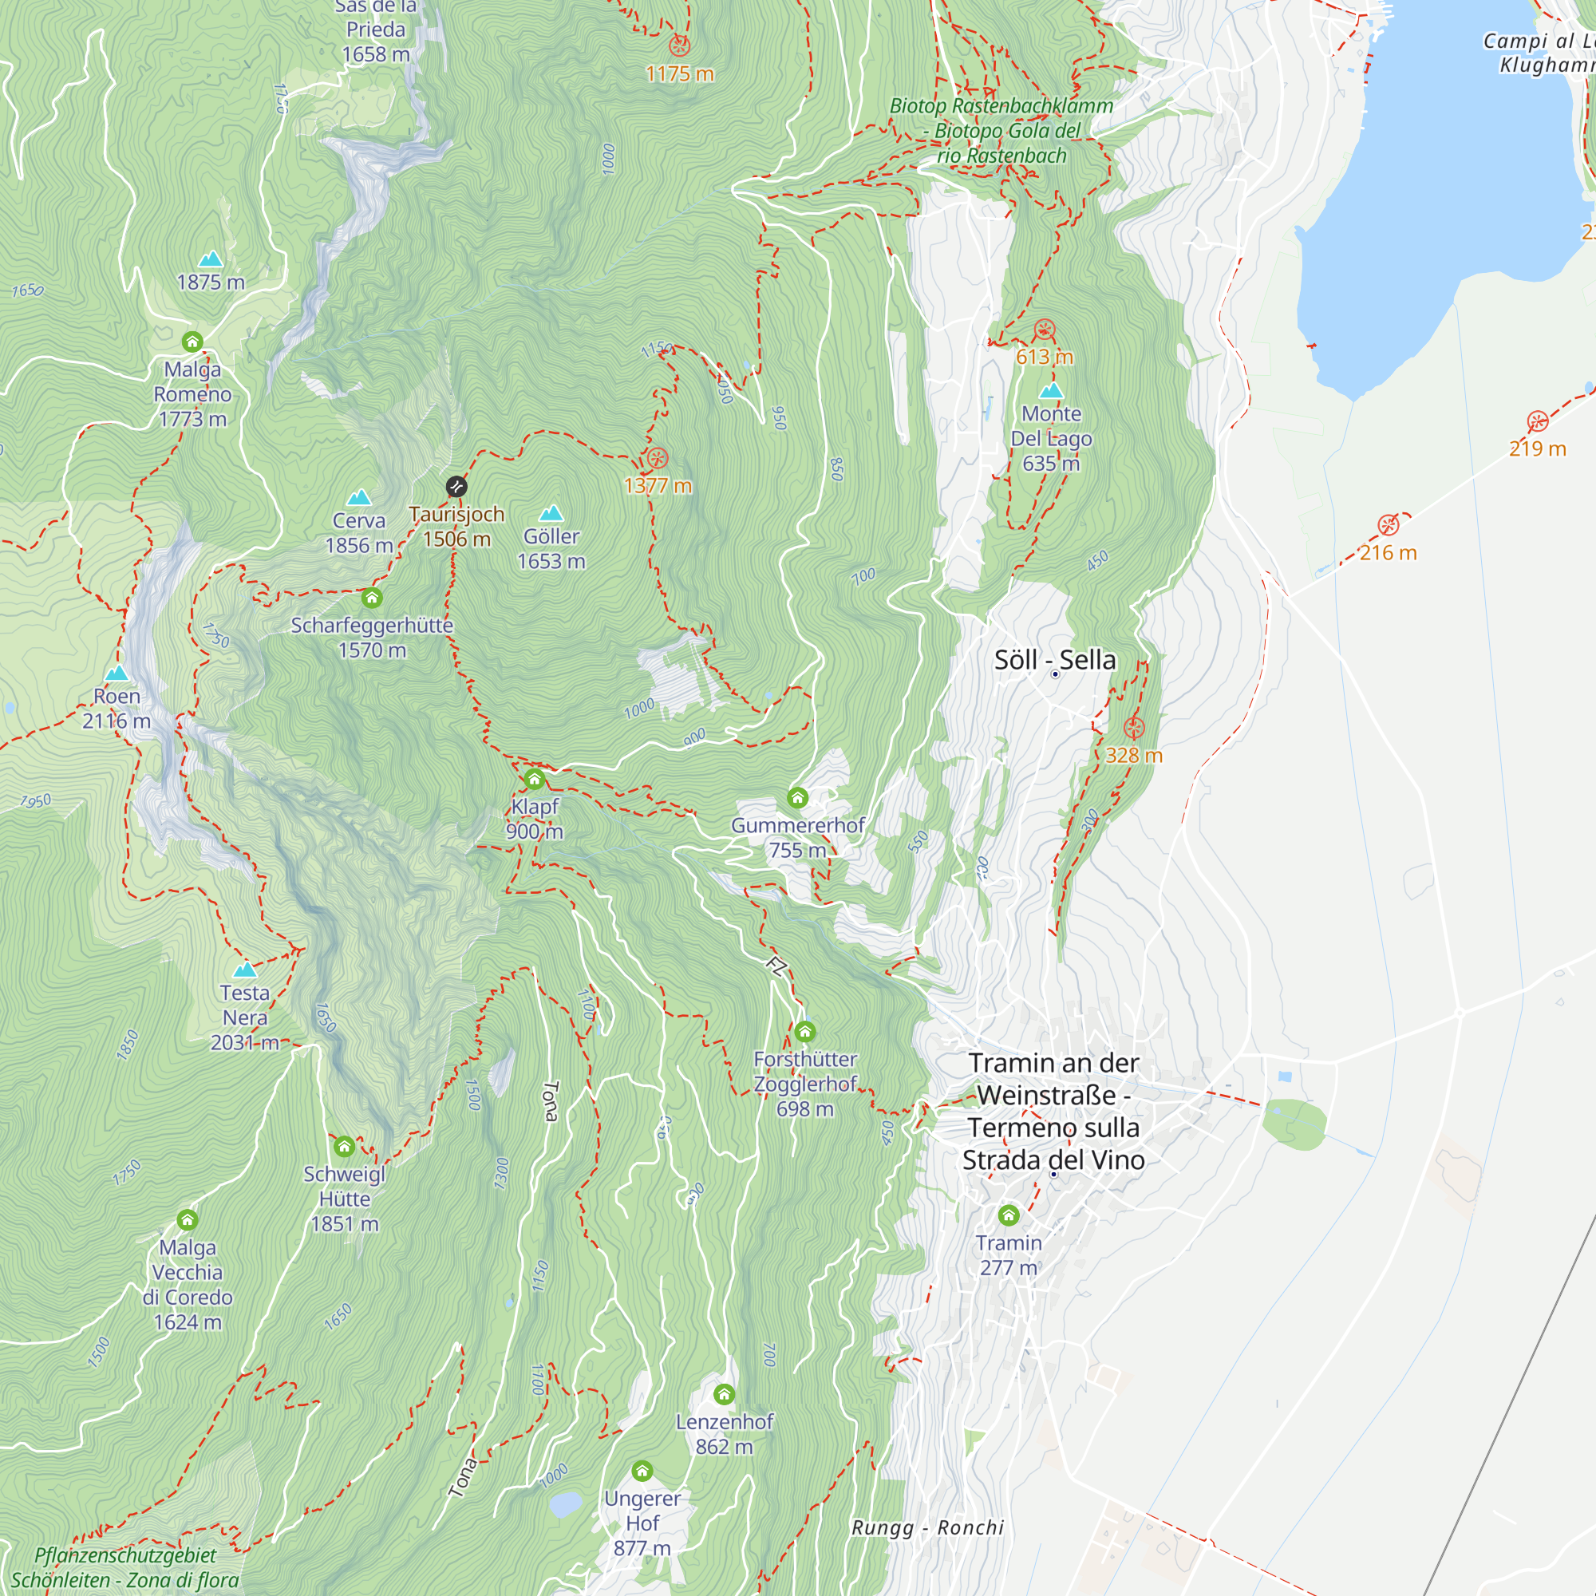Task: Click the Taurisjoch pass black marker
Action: point(456,487)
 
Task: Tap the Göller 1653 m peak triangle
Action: point(551,514)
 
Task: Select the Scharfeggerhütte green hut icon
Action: point(372,597)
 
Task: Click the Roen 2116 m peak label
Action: point(117,709)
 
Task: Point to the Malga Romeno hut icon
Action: point(192,342)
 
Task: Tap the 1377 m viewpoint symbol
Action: point(657,457)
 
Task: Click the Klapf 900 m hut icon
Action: point(535,779)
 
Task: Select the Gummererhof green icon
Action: point(797,797)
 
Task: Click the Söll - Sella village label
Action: point(1055,660)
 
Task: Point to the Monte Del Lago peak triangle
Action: point(1051,391)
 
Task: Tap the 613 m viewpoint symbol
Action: point(1044,330)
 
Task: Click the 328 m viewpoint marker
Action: point(1133,728)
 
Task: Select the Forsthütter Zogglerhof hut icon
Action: point(804,1031)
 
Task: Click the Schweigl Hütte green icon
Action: point(345,1147)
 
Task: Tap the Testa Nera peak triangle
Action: point(244,970)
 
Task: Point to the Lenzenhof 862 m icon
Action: point(724,1394)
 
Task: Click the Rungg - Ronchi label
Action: point(928,1527)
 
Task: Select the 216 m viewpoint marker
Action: point(1388,524)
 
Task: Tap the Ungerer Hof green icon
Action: point(642,1472)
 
